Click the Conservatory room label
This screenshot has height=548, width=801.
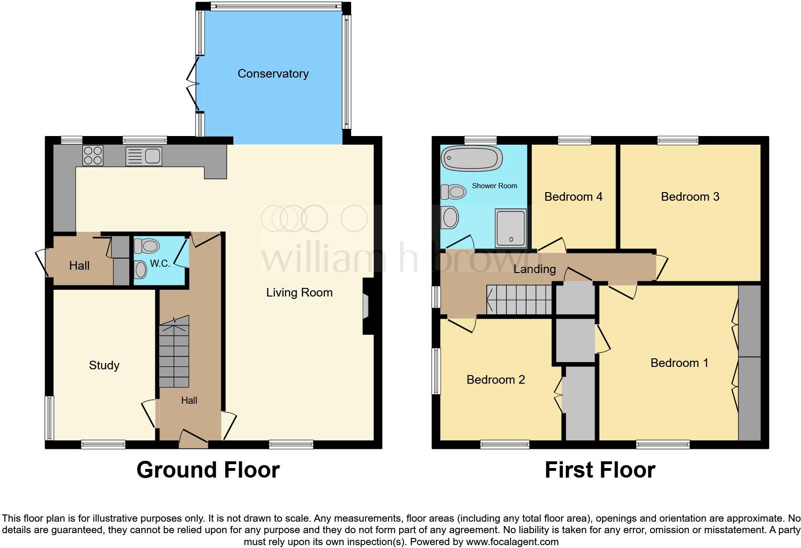tap(273, 74)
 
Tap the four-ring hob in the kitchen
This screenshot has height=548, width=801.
tap(93, 156)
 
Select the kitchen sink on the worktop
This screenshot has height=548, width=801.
tap(144, 156)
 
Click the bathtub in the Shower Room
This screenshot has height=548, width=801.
tap(472, 159)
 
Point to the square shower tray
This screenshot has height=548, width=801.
tap(511, 228)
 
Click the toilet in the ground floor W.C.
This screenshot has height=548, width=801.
tap(147, 246)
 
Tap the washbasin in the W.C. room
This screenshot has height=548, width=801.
tap(140, 270)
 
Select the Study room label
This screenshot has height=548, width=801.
tap(104, 365)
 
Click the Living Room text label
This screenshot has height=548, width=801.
tap(299, 293)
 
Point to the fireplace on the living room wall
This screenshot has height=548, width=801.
tap(367, 307)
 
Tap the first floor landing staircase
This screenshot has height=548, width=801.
tap(519, 300)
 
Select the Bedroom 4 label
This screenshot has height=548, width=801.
tap(573, 197)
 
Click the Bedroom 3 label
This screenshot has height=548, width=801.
tap(690, 197)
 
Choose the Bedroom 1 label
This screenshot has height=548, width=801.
tap(679, 363)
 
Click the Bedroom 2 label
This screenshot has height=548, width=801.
tap(496, 380)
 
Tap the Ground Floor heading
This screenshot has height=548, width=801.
tap(208, 470)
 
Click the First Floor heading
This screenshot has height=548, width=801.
tap(600, 470)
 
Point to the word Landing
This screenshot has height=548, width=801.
tap(534, 269)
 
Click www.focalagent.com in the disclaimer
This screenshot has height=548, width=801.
tap(512, 542)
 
